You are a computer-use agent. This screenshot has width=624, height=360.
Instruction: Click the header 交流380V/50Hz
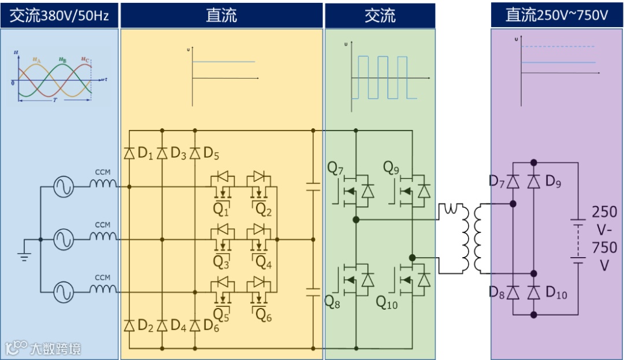[59, 15]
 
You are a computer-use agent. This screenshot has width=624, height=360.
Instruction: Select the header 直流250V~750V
[556, 15]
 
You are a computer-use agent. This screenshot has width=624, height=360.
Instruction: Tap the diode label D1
[145, 154]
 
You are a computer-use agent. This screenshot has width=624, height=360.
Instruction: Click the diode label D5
[211, 154]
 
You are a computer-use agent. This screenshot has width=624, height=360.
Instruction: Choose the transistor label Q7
[335, 168]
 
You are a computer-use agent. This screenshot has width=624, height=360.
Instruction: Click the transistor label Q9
[392, 168]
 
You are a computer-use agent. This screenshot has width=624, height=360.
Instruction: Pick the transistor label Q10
[387, 302]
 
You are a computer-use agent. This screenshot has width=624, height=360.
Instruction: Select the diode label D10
[556, 293]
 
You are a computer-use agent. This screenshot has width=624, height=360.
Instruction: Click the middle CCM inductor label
[102, 225]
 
